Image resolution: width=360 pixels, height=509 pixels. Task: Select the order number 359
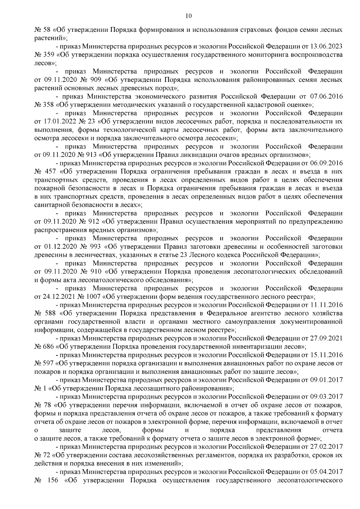coord(49,55)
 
